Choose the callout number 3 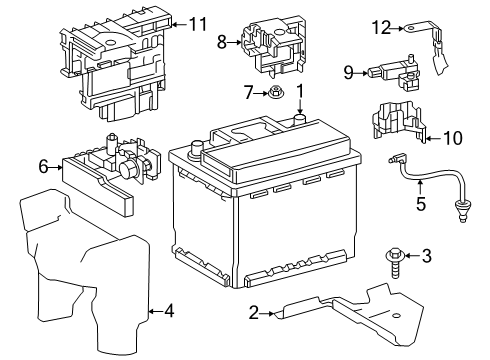(426, 256)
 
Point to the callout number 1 (298, 96)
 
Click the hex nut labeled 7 (276, 95)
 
